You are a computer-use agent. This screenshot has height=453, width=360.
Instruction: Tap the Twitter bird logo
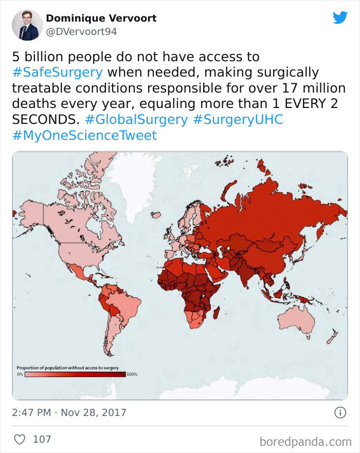point(340,17)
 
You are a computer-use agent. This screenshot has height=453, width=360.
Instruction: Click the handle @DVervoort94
point(81,32)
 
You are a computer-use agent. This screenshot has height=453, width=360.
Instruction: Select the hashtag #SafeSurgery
point(57,72)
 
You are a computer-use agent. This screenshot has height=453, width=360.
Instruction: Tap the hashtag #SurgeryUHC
point(238,120)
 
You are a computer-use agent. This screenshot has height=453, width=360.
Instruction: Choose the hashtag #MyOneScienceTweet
point(84,136)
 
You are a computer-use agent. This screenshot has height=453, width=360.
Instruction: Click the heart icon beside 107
point(20,440)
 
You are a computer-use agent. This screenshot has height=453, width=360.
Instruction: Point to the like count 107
point(42,440)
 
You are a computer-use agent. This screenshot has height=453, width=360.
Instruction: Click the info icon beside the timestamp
point(339,412)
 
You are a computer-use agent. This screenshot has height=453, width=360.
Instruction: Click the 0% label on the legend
point(21,374)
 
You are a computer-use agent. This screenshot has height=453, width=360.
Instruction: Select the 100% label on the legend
point(132,374)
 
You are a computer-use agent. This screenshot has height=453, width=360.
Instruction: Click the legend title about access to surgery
point(68,367)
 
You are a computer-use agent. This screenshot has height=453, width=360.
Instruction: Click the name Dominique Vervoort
point(101,19)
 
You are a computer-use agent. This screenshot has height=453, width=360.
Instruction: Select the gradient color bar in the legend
point(75,374)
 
